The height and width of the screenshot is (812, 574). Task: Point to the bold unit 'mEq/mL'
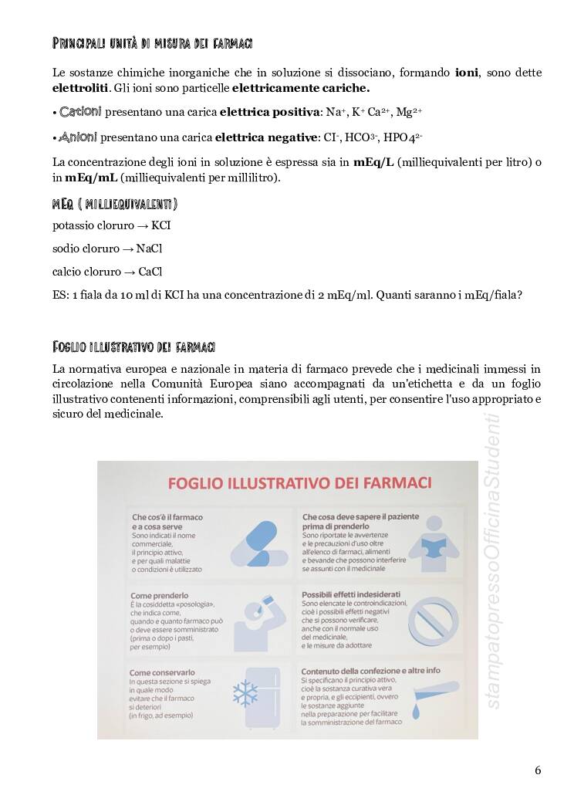(91, 178)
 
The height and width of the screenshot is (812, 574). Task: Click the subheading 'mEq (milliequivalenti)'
(115, 204)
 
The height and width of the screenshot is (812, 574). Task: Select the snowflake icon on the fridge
(246, 692)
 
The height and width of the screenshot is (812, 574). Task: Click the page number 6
(537, 770)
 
